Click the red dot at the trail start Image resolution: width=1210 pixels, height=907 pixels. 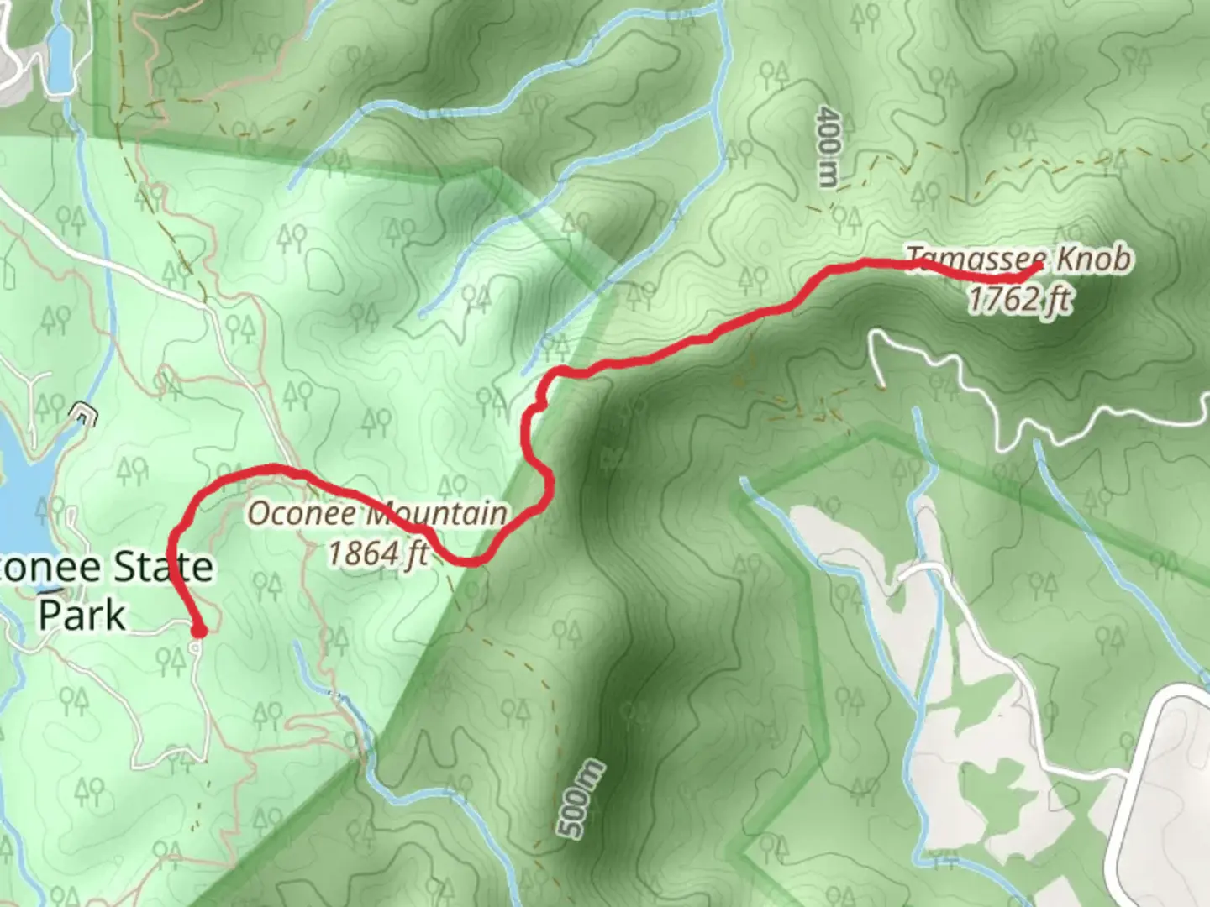click(x=199, y=630)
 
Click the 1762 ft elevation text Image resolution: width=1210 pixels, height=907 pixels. click(x=1018, y=298)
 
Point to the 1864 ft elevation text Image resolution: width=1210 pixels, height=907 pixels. click(x=378, y=553)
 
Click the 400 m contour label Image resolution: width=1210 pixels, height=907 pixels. click(x=829, y=146)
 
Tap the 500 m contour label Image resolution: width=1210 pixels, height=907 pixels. click(x=581, y=798)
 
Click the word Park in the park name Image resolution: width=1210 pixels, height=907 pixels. click(x=82, y=615)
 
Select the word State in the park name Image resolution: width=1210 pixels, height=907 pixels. click(x=163, y=568)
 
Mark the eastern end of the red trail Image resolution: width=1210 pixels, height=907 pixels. click(x=1039, y=267)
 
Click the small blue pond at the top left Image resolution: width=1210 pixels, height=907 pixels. click(x=60, y=57)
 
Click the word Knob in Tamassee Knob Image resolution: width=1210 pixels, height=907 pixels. click(x=1093, y=259)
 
